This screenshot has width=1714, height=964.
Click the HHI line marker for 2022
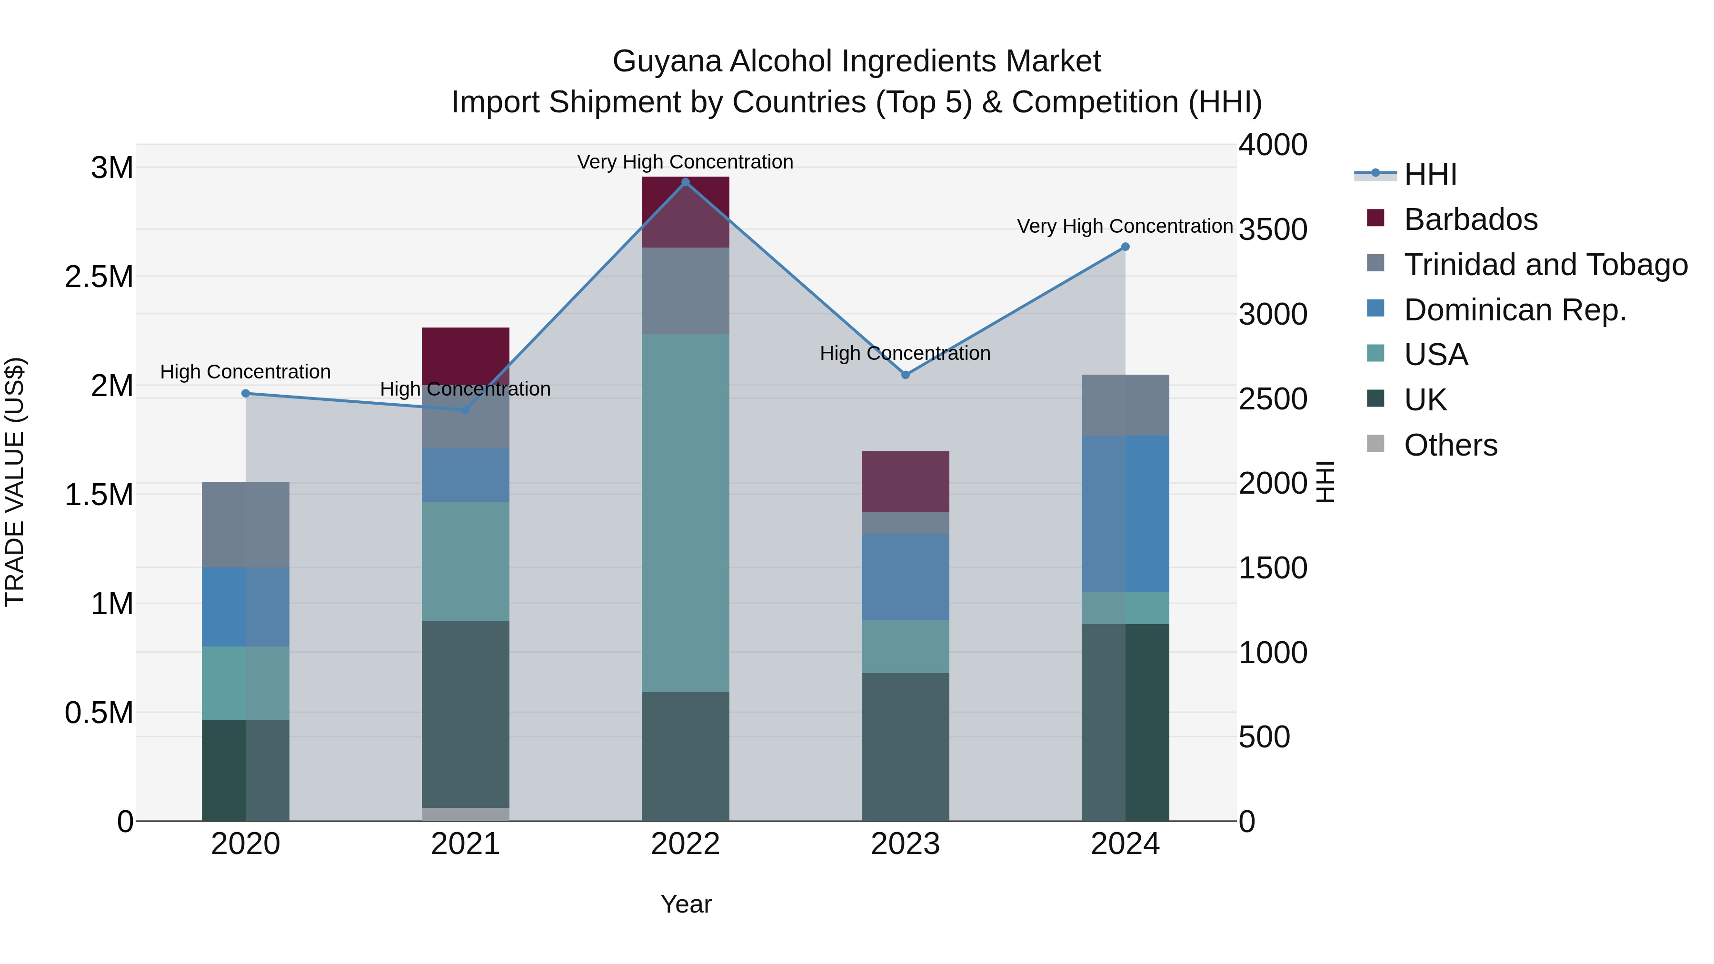point(685,182)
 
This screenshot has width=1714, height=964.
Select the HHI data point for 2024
point(1125,247)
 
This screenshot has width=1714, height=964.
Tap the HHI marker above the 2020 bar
point(246,393)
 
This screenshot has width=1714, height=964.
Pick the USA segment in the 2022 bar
point(685,512)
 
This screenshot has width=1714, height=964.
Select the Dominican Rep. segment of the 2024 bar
point(1125,513)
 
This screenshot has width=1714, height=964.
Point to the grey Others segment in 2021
point(465,815)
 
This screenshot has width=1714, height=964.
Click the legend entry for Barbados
point(1471,219)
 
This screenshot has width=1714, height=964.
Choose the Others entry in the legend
point(1451,445)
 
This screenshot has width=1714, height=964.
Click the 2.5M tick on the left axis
point(99,277)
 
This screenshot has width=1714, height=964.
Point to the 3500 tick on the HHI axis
point(1272,229)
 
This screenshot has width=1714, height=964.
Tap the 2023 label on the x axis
point(905,844)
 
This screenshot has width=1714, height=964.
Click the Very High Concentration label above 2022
point(685,162)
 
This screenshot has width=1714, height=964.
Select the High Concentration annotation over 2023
point(905,353)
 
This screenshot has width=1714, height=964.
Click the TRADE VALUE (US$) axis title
point(15,482)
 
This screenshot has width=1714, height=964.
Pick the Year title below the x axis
point(685,904)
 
